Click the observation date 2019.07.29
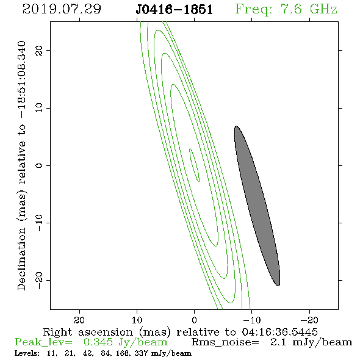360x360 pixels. (x=62, y=9)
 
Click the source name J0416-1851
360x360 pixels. (x=175, y=10)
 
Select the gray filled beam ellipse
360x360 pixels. (x=257, y=206)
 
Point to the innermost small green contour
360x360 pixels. (x=194, y=165)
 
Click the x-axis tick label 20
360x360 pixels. (x=79, y=320)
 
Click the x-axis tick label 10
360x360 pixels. (x=137, y=320)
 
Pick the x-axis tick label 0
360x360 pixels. (x=194, y=320)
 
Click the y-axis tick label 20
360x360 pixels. (x=39, y=50)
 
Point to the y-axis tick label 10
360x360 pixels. (x=39, y=107)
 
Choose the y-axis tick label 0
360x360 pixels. (x=39, y=165)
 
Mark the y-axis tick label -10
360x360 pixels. (x=39, y=223)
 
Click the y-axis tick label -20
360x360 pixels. (x=39, y=280)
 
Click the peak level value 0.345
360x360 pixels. (x=98, y=342)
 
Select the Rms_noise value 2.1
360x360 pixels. (x=278, y=342)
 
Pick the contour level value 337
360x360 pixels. (x=141, y=353)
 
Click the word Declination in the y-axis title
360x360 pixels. (x=21, y=259)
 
